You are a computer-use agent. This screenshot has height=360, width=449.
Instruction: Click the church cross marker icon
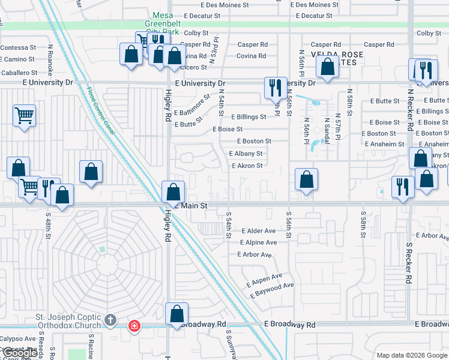pos(110,320)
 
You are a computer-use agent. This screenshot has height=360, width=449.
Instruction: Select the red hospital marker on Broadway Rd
pos(134,326)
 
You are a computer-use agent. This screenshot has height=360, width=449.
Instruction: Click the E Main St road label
pos(192,206)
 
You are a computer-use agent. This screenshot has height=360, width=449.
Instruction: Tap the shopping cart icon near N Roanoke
pos(24,115)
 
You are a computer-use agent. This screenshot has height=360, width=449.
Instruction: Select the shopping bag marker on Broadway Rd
pos(177,313)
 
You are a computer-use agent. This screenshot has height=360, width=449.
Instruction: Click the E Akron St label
pos(247,166)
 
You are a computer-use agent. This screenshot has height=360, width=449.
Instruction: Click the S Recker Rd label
pos(408,263)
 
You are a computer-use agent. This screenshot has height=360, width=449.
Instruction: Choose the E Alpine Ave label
pos(258,242)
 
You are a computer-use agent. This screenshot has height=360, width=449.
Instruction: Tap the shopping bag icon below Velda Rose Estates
pos(327,67)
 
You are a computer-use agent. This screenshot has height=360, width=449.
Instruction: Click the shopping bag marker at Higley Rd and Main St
pos(173,193)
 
